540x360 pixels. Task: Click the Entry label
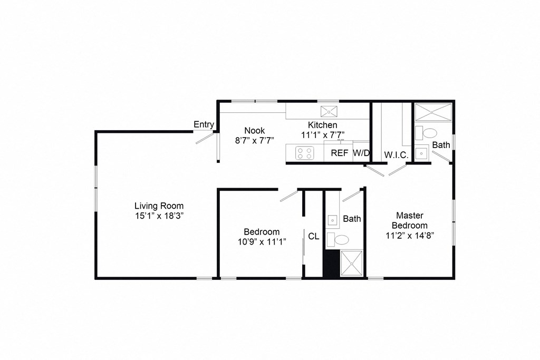tap(204, 124)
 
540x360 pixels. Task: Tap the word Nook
tap(254, 130)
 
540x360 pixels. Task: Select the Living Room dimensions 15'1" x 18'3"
tap(158, 216)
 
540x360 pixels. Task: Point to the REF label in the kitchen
tap(339, 153)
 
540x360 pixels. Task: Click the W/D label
tap(361, 153)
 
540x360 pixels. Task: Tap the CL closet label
tap(313, 236)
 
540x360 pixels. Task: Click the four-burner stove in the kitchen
tap(304, 153)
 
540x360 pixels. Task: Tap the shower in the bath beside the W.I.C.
tap(433, 112)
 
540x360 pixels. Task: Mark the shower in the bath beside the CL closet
tap(350, 263)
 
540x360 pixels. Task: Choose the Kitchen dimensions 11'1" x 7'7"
tap(323, 134)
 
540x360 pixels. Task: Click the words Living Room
tap(158, 206)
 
